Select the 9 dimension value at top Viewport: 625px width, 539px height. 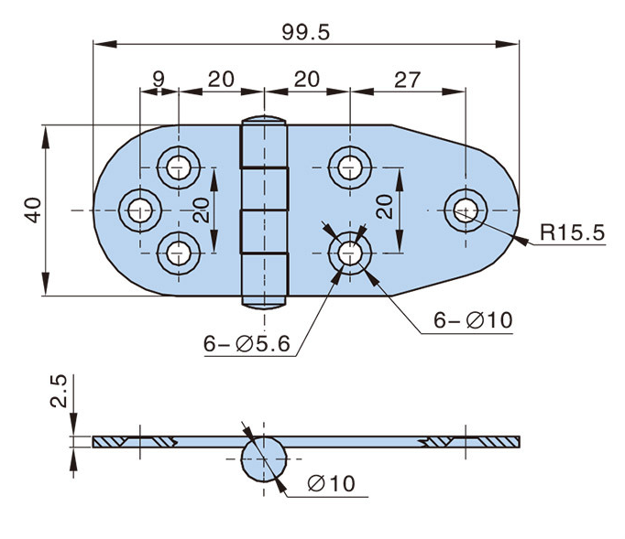159,80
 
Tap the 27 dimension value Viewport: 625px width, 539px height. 407,80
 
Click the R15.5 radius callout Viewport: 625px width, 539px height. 571,233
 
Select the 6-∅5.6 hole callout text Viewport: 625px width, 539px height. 247,344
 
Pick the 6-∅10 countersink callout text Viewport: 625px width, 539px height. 472,320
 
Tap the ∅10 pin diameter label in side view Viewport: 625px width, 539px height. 333,483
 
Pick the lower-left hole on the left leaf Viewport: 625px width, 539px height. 178,252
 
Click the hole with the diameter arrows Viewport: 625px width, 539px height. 348,252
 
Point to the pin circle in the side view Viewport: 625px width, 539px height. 264,457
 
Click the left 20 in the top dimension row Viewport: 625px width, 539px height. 220,80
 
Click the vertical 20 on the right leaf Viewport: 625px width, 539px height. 386,208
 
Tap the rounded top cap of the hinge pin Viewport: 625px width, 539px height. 264,120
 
